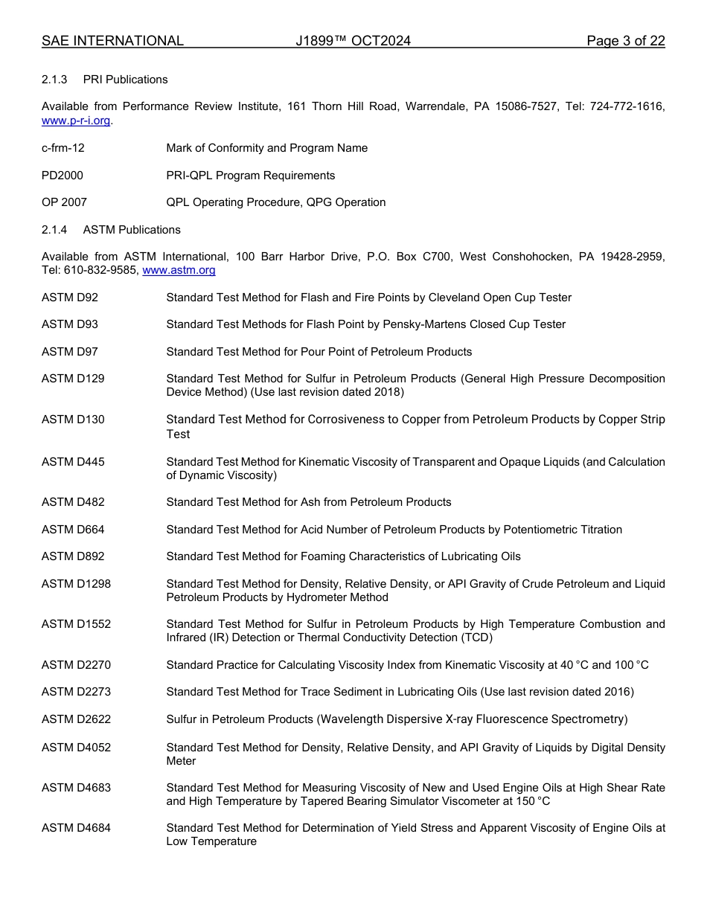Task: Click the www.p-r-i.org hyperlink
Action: [x=76, y=121]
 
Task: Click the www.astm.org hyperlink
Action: [x=179, y=271]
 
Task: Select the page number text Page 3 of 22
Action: [x=625, y=42]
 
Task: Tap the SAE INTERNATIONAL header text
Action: [x=112, y=42]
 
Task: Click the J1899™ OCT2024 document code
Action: [x=353, y=42]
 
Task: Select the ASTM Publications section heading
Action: [x=132, y=230]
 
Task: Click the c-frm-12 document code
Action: [x=63, y=148]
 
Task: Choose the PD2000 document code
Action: [x=63, y=176]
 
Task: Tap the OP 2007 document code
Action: [x=64, y=202]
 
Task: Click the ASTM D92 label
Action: [x=69, y=298]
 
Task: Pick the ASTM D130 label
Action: [x=73, y=420]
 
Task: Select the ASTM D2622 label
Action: [x=76, y=719]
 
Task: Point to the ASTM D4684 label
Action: [x=76, y=828]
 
